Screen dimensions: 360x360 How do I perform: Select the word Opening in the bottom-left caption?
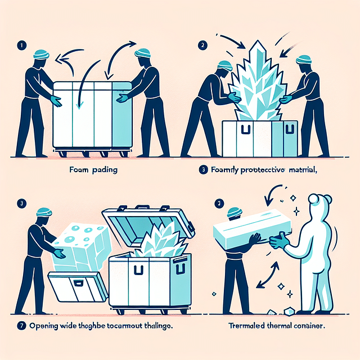click(x=43, y=326)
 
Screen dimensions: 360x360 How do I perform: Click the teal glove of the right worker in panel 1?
click(x=121, y=97)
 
